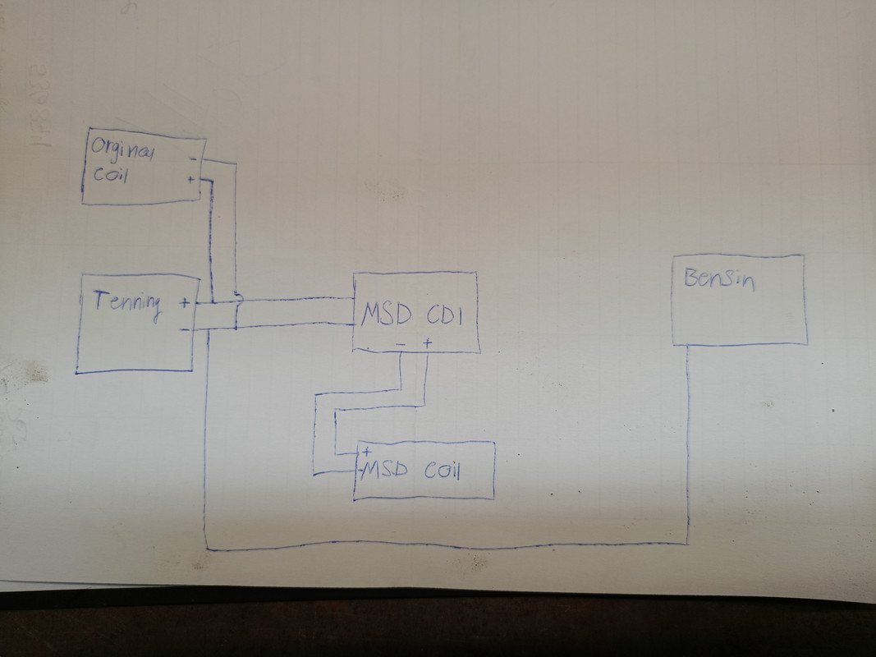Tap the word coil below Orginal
[x=110, y=175]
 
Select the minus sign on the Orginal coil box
[x=192, y=159]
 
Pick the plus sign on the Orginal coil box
[x=191, y=178]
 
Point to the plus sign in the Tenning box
[x=184, y=302]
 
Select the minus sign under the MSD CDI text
[x=400, y=344]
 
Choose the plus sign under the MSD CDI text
[x=427, y=343]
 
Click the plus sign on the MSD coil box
[x=365, y=452]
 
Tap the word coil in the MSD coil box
[x=444, y=471]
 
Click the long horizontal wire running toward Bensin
[x=443, y=546]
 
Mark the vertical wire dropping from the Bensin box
[x=687, y=443]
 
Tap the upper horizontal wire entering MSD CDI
[x=296, y=300]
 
